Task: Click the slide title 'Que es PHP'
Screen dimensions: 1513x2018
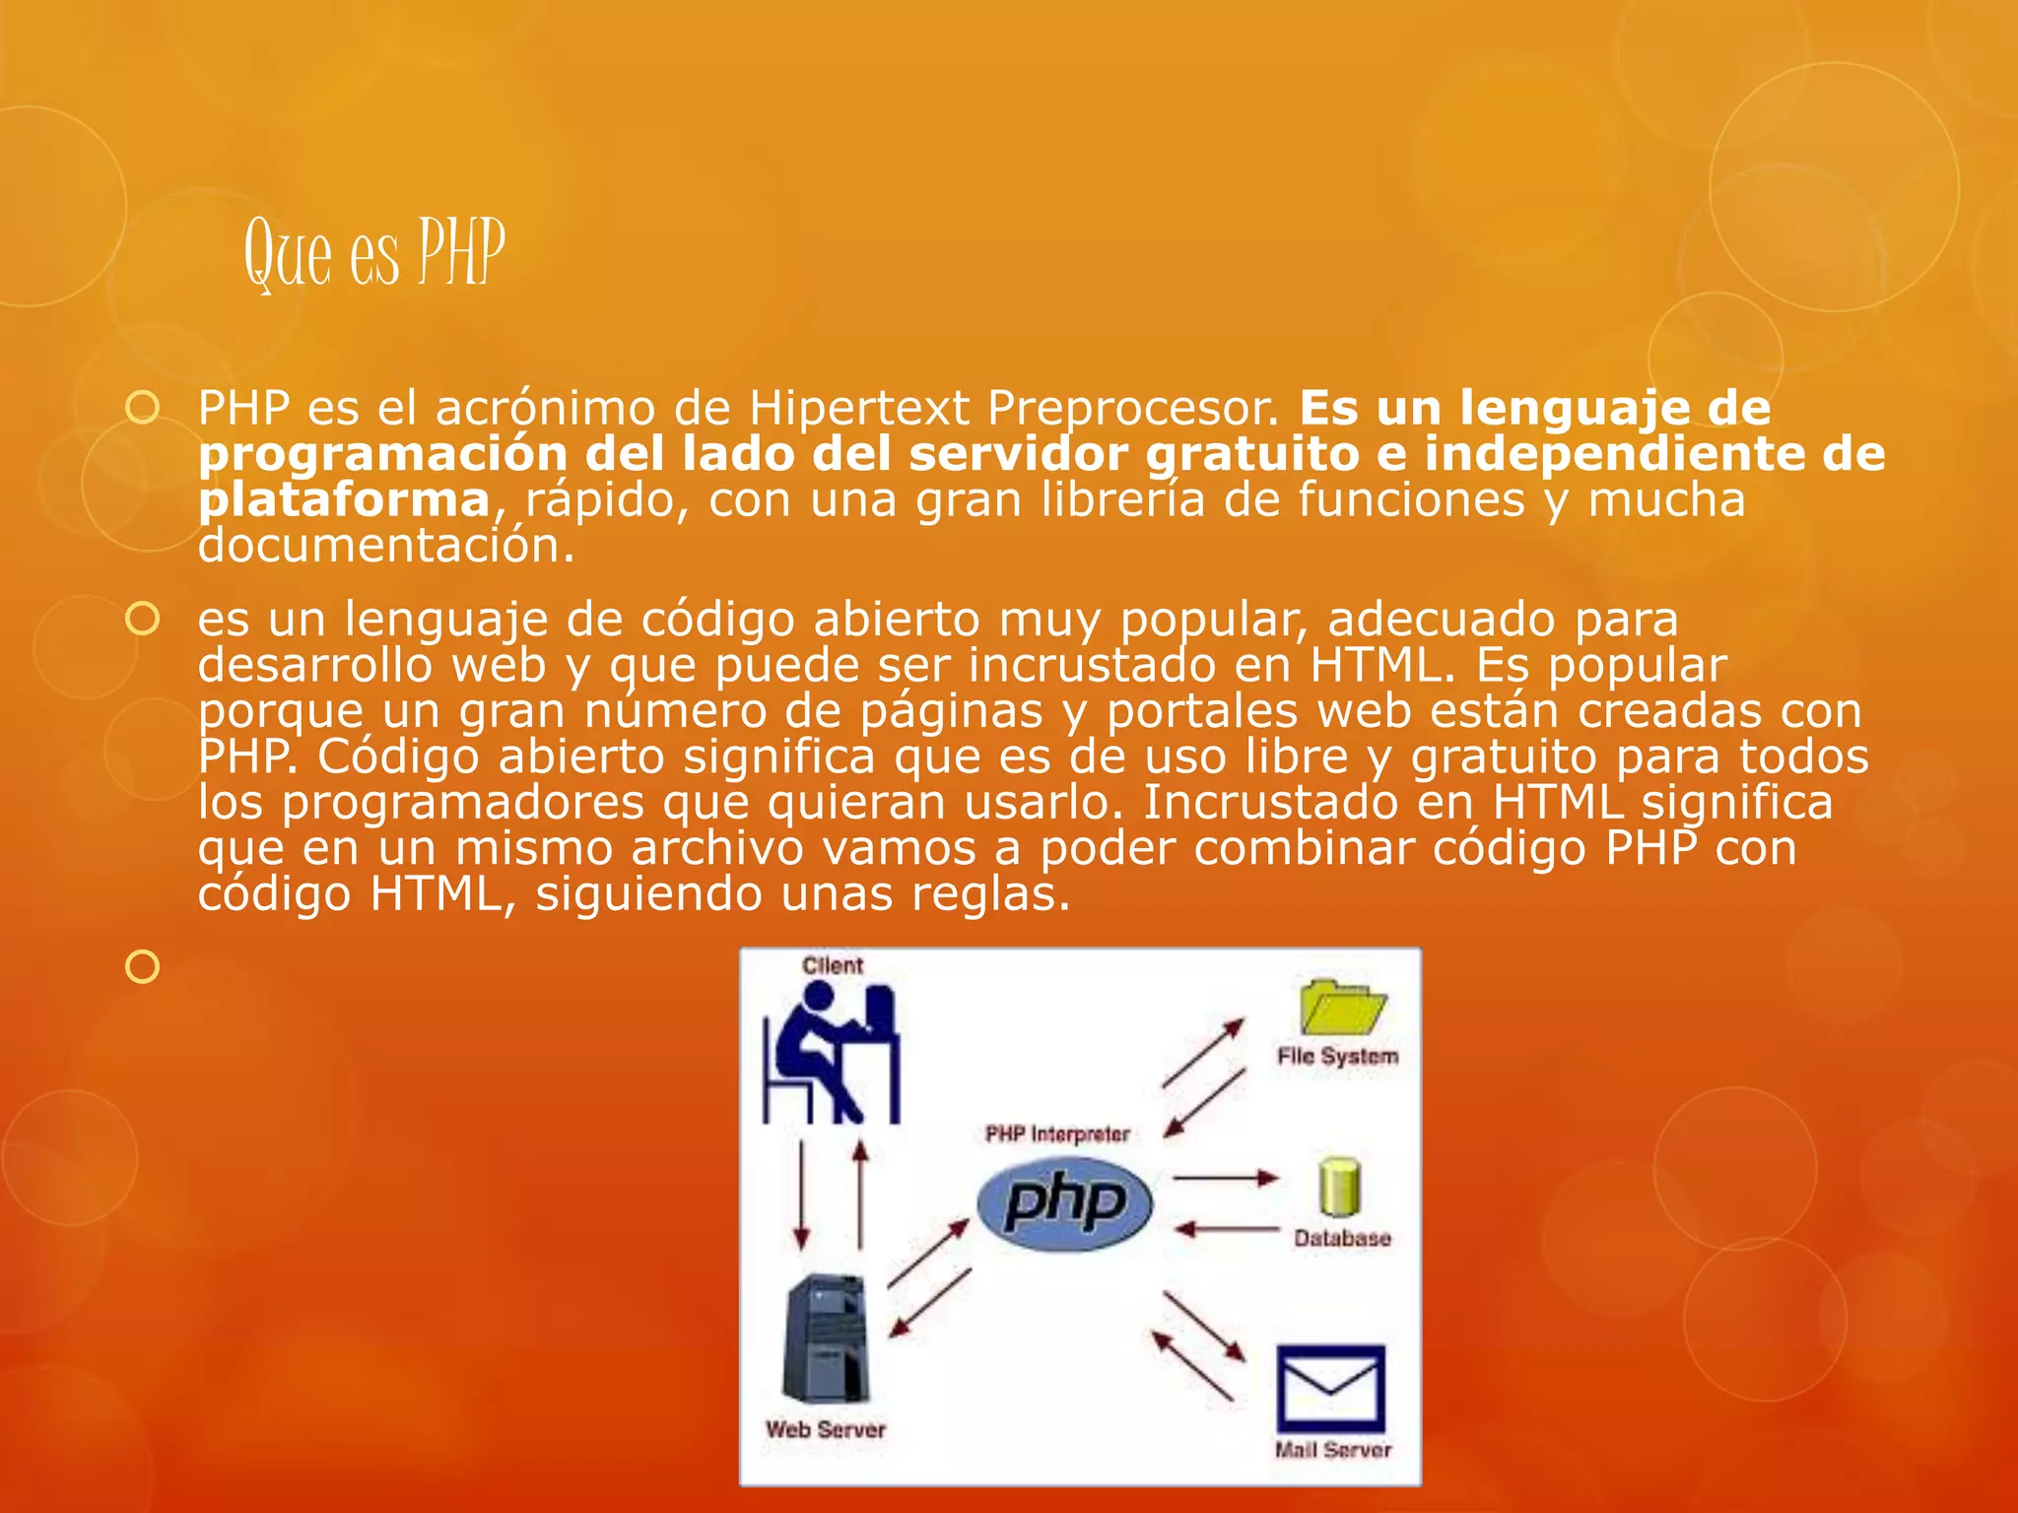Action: coord(374,254)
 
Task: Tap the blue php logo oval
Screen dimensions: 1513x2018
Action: coord(1064,1203)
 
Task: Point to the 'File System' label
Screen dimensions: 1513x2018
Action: coord(1337,1056)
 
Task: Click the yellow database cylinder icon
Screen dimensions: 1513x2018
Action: coord(1339,1187)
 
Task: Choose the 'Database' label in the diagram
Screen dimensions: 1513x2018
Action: coord(1342,1238)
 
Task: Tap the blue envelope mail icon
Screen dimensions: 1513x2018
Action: coord(1330,1389)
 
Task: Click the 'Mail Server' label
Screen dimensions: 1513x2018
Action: coord(1332,1449)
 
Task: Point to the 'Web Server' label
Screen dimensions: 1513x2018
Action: coord(826,1429)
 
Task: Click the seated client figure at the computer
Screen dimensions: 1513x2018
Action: coord(833,1054)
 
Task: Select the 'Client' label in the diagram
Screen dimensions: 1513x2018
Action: coord(833,965)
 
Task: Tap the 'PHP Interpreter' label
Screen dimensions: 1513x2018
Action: coord(1057,1134)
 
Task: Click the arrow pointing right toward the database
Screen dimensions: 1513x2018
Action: coord(1225,1178)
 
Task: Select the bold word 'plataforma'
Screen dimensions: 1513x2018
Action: coord(344,499)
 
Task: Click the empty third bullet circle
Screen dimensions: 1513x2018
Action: coord(143,966)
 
